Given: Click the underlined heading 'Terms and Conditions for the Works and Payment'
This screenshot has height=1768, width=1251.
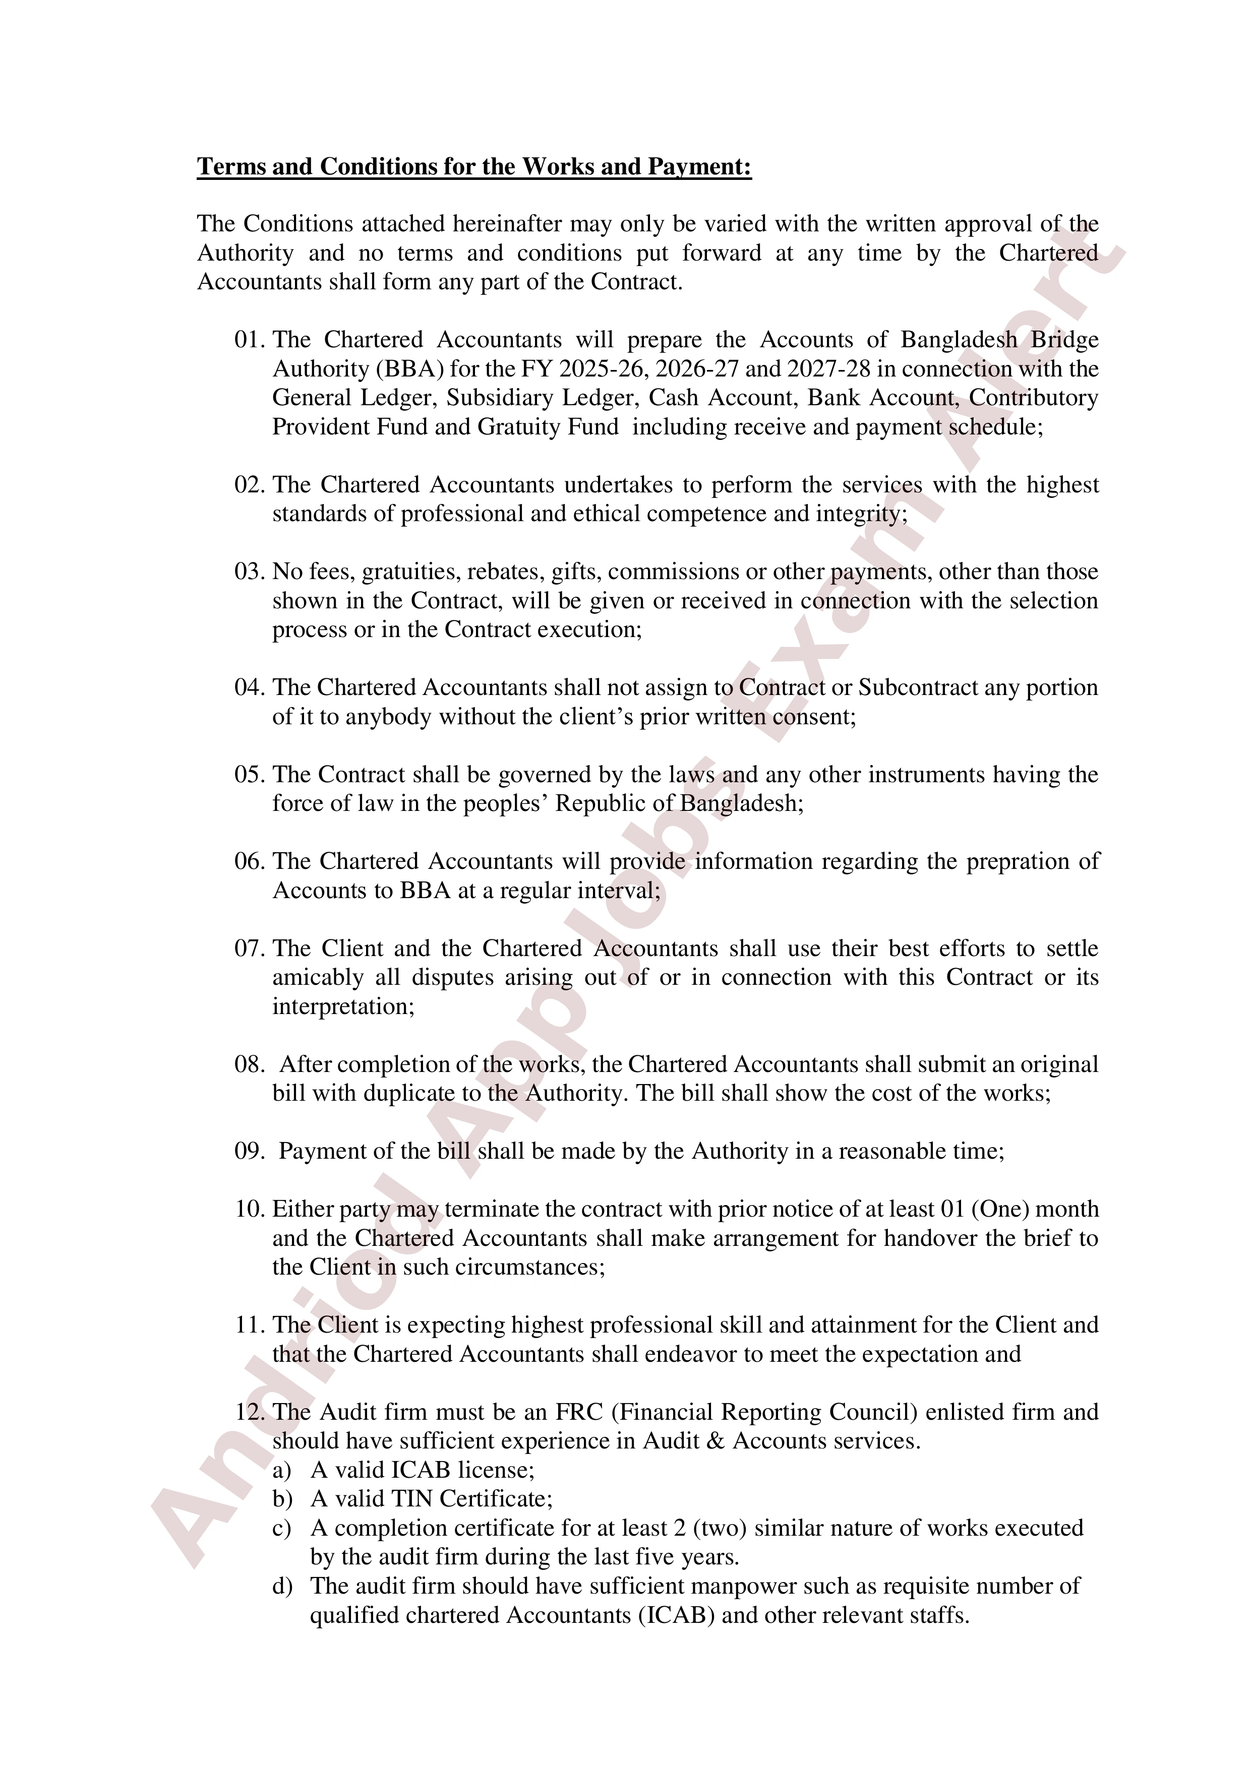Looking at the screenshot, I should tap(474, 167).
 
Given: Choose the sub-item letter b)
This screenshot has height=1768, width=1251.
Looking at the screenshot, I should tap(282, 1499).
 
